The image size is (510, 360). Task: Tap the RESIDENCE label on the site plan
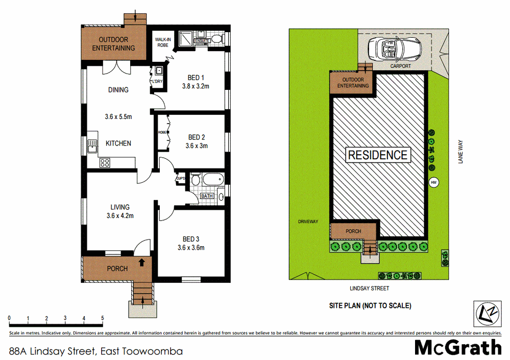click(378, 155)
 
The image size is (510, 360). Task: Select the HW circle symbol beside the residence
click(434, 182)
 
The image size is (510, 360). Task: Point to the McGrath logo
click(457, 347)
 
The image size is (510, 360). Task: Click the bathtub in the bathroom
click(209, 180)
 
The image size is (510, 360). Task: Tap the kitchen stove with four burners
click(105, 163)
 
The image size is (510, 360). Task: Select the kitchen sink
click(92, 146)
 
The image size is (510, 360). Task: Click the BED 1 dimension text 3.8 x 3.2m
click(196, 86)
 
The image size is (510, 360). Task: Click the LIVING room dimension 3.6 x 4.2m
click(120, 215)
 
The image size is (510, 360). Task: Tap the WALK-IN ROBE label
click(162, 42)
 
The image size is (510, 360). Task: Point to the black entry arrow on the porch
click(141, 263)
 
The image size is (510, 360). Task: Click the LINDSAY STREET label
click(369, 289)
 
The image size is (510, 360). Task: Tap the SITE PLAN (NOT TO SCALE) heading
click(370, 306)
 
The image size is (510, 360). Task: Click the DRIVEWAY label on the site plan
click(308, 222)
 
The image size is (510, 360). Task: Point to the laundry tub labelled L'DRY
click(159, 71)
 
